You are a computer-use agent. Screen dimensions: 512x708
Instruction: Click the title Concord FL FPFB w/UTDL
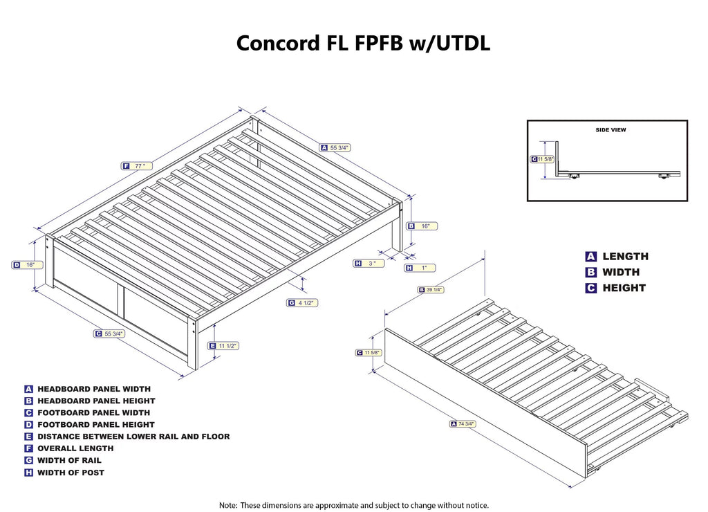[x=364, y=43]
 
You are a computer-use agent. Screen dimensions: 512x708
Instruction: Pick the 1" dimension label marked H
[x=420, y=268]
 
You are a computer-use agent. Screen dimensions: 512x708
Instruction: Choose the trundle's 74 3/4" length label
[x=465, y=423]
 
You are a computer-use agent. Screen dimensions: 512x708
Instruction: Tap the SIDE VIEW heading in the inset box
[x=611, y=129]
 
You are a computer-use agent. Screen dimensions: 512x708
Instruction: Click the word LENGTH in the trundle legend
[x=624, y=257]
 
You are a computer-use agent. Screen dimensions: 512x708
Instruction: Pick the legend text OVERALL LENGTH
[x=75, y=448]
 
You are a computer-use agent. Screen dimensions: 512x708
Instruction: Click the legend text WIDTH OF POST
[x=71, y=473]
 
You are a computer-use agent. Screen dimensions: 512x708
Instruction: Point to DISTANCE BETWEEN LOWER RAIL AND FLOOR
[x=133, y=437]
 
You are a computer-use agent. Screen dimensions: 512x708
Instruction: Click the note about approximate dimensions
[x=353, y=505]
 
